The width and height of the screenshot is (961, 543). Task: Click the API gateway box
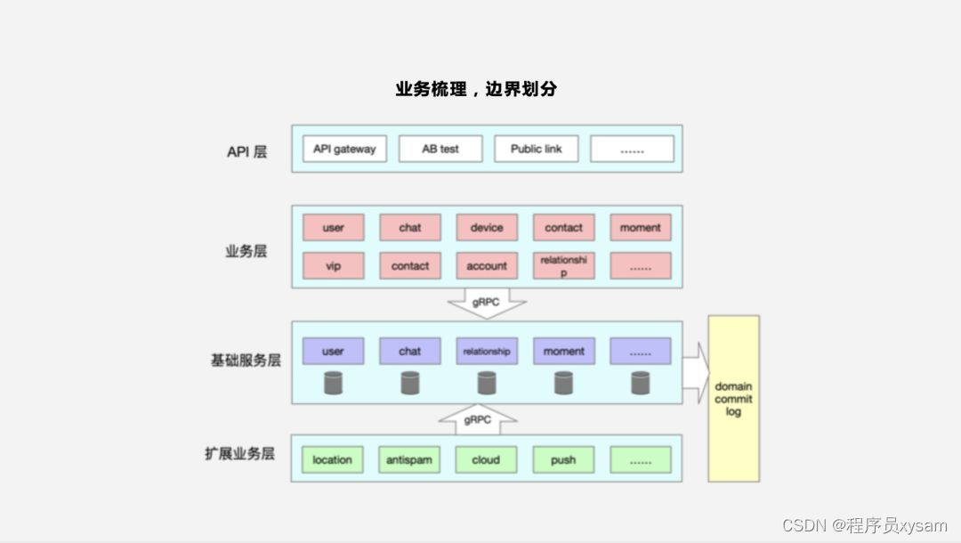click(344, 149)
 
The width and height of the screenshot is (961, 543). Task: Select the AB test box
click(440, 149)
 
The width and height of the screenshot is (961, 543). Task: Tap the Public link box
click(536, 149)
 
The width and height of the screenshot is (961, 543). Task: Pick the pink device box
click(487, 227)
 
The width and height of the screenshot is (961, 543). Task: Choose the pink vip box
click(333, 265)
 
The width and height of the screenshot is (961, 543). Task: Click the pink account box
click(487, 265)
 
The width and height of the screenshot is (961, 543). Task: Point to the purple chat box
click(409, 351)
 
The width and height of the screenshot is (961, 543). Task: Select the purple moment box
click(563, 351)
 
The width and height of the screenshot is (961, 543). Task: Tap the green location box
click(332, 459)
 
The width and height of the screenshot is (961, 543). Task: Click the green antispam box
click(409, 459)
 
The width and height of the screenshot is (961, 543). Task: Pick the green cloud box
click(486, 459)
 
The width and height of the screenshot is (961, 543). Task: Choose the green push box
click(563, 459)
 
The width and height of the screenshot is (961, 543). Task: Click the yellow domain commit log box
click(733, 399)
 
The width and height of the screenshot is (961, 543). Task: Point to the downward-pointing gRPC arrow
click(486, 303)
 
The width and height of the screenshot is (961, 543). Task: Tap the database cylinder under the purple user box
click(333, 384)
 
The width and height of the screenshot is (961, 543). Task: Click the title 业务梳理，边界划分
click(476, 89)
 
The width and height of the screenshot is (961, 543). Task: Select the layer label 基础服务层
click(246, 361)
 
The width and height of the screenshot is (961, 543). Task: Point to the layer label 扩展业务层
click(239, 454)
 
